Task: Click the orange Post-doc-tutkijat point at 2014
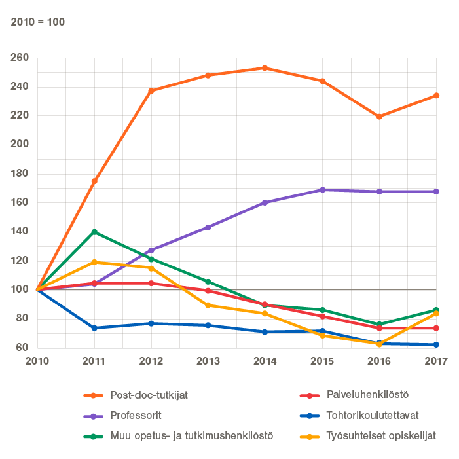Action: (x=265, y=68)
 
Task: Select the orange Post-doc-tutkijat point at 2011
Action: (x=94, y=181)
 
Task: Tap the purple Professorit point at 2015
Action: (x=322, y=190)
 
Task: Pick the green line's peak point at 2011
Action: (x=94, y=232)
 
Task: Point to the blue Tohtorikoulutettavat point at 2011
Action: (x=94, y=328)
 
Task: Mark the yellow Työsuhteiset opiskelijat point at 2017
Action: (x=436, y=314)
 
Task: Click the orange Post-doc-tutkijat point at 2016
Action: (x=379, y=117)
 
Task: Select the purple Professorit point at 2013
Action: (x=208, y=227)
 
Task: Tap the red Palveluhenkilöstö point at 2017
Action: (x=436, y=328)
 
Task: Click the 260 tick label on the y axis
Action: (x=20, y=58)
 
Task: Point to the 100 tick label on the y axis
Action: (x=20, y=289)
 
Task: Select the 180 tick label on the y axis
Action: (x=20, y=174)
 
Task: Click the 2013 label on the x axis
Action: (x=208, y=361)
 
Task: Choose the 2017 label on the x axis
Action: (x=436, y=361)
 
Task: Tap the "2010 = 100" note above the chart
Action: (x=38, y=22)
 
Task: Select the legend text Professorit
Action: (x=137, y=415)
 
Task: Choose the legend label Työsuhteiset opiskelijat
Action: (x=380, y=435)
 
